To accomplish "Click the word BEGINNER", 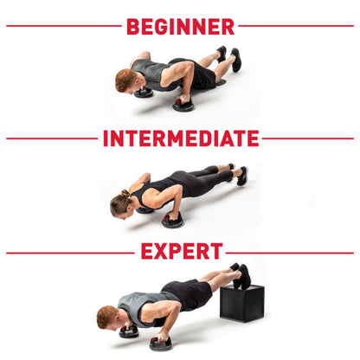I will [180, 26].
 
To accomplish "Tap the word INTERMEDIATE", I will [180, 138].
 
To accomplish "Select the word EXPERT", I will [181, 252].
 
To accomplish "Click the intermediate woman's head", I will [119, 204].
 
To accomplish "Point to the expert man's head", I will [106, 317].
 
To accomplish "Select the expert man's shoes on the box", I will [242, 274].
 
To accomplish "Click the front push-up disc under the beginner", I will [183, 105].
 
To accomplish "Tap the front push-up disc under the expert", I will [161, 343].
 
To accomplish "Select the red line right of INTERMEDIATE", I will [308, 138].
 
